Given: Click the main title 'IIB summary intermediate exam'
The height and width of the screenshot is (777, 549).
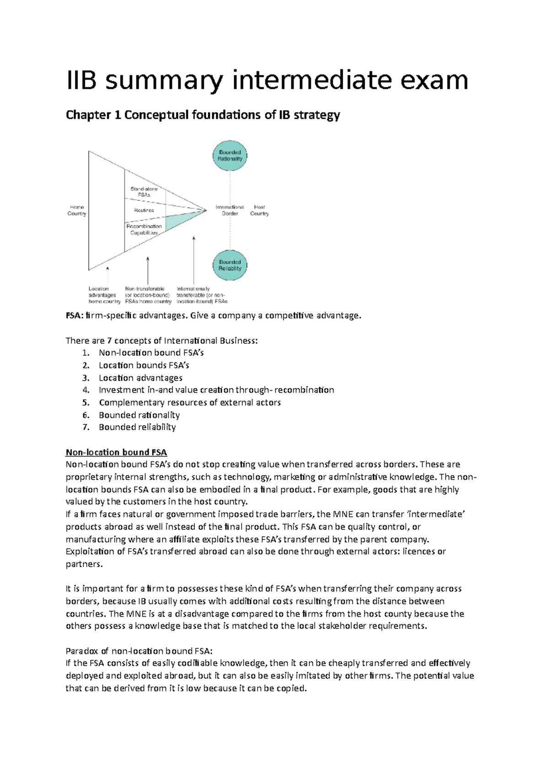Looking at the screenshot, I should tap(267, 81).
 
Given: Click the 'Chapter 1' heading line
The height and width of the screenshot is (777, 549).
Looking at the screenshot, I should tap(203, 115).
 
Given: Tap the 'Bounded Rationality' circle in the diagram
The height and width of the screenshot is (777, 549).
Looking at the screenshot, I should tap(230, 156).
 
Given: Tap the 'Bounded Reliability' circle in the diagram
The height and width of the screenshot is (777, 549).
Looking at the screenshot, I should tap(230, 265).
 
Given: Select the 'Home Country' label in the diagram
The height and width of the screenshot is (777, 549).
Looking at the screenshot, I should tap(76, 210).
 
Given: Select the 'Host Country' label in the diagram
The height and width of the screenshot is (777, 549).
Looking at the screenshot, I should tap(259, 210).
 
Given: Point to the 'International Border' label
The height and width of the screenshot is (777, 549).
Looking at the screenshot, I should tap(230, 210).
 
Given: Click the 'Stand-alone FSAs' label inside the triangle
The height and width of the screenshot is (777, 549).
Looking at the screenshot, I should tap(144, 192).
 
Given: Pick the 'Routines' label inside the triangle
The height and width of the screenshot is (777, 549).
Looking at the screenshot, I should tap(144, 210).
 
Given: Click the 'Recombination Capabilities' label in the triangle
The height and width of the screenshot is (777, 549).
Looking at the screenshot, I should tap(144, 229).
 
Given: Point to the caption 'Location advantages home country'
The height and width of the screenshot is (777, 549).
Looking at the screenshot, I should tap(104, 295).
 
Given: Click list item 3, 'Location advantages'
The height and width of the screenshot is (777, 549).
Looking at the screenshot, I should tap(140, 378).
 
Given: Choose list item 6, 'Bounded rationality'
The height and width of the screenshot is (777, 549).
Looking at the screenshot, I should tap(139, 415).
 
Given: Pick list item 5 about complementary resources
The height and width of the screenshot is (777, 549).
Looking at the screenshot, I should tap(189, 403).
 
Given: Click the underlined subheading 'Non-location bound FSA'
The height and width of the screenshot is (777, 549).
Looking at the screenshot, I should tap(116, 453).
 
